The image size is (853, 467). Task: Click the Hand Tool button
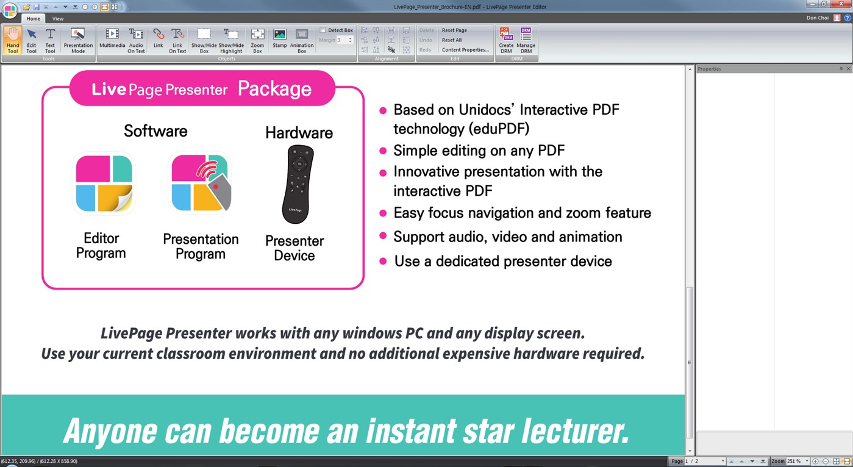(13, 40)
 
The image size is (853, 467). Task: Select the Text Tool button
(50, 40)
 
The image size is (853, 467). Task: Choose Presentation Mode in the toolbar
(78, 40)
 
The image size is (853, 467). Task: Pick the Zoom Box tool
(257, 40)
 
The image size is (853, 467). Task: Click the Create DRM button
(506, 40)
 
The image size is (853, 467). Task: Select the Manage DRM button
(526, 40)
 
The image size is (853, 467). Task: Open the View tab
(58, 19)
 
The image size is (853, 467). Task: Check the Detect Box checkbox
(323, 30)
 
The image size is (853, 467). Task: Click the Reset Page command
(454, 30)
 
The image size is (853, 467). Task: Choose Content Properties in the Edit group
(465, 50)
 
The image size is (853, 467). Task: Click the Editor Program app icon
(104, 184)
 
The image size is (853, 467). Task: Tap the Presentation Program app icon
(201, 184)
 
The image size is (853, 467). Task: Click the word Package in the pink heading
(274, 89)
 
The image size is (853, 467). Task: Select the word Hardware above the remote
(299, 133)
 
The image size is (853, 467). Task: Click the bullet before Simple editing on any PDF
(383, 151)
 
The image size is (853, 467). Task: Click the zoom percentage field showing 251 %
(796, 462)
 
